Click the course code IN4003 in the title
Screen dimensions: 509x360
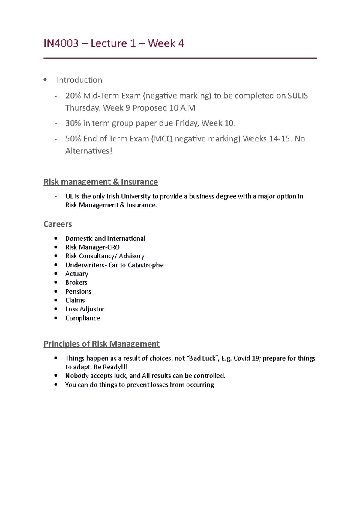coord(61,43)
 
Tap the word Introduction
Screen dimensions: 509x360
coord(79,80)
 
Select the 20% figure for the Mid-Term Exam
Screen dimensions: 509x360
coord(73,96)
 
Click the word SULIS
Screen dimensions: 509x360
coord(298,96)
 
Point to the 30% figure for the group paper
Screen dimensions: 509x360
coord(73,123)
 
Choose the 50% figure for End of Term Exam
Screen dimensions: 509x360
coord(73,139)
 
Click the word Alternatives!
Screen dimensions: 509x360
coord(89,151)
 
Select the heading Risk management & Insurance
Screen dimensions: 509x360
coord(100,182)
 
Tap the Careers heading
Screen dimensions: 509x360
coord(58,224)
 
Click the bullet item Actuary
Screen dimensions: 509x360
coord(77,274)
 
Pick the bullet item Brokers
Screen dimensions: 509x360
coord(76,282)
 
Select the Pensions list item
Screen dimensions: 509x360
coord(78,291)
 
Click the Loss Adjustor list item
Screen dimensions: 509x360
coord(85,309)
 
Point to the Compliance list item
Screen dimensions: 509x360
coord(82,318)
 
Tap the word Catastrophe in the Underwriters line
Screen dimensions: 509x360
coord(145,265)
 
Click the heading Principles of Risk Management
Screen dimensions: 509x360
coord(101,344)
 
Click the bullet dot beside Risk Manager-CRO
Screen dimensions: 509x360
coord(56,247)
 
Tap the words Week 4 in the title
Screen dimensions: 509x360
coord(166,43)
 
